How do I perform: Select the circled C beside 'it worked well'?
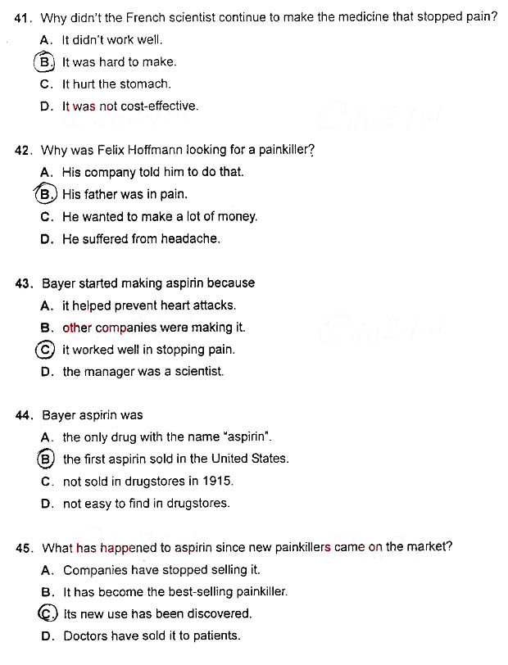(x=46, y=350)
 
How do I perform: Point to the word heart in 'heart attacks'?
(x=175, y=305)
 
